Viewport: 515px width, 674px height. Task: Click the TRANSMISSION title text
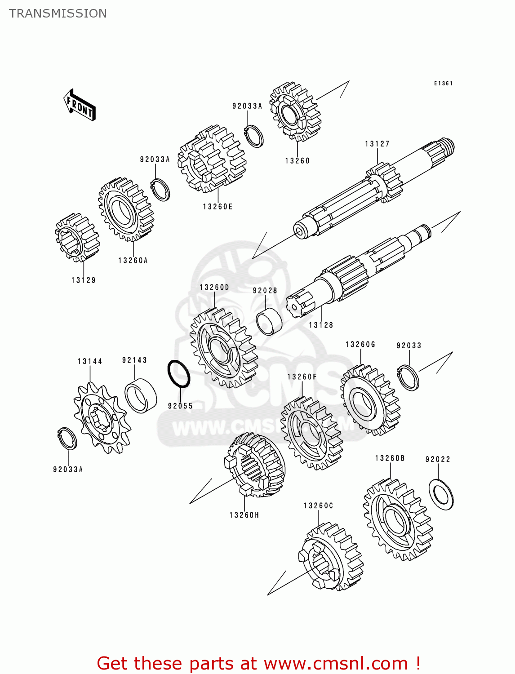pyautogui.click(x=58, y=13)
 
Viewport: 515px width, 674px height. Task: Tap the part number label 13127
pyautogui.click(x=377, y=144)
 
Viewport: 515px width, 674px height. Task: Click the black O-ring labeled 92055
pyautogui.click(x=178, y=374)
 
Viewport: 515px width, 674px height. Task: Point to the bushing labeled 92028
pyautogui.click(x=269, y=321)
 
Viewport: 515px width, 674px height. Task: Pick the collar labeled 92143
pyautogui.click(x=141, y=395)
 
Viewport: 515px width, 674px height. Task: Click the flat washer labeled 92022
pyautogui.click(x=441, y=494)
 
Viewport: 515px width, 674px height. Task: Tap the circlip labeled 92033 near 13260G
pyautogui.click(x=408, y=378)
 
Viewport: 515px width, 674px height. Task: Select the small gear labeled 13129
pyautogui.click(x=77, y=237)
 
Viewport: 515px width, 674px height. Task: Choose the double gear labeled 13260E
pyautogui.click(x=212, y=159)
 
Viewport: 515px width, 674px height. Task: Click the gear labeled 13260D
pyautogui.click(x=223, y=347)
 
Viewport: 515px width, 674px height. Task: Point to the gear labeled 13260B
pyautogui.click(x=397, y=519)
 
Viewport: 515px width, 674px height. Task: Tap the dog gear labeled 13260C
pyautogui.click(x=331, y=556)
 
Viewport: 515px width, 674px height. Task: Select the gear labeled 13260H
pyautogui.click(x=255, y=465)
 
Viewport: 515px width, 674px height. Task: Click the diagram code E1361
pyautogui.click(x=443, y=83)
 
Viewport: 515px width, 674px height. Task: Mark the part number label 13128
pyautogui.click(x=321, y=325)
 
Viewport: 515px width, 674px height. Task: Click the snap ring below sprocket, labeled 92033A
pyautogui.click(x=68, y=438)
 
